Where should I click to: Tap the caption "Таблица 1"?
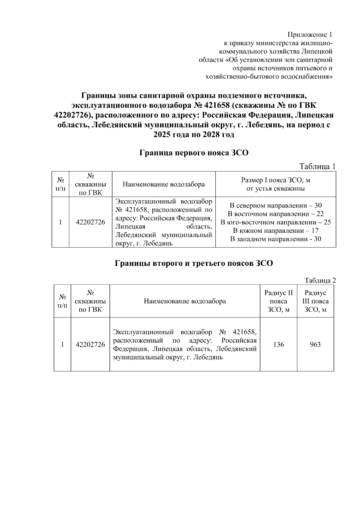(317, 166)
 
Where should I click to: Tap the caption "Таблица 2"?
(320, 281)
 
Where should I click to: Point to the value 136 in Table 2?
(278, 344)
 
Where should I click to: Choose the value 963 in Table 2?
(315, 344)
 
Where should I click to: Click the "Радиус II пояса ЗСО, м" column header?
(278, 301)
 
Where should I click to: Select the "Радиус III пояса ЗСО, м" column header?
(315, 301)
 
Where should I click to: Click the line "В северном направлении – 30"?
(276, 206)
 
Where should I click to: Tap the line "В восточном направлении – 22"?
(276, 214)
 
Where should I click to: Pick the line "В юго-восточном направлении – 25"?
(276, 223)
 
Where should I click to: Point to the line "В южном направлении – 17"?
(276, 231)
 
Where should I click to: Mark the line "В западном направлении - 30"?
(276, 239)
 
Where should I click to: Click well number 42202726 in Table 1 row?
(91, 222)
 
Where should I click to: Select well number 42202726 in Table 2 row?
(90, 344)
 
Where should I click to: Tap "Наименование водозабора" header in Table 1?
(164, 184)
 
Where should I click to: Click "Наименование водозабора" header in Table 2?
(185, 301)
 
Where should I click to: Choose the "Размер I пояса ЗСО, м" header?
(276, 180)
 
